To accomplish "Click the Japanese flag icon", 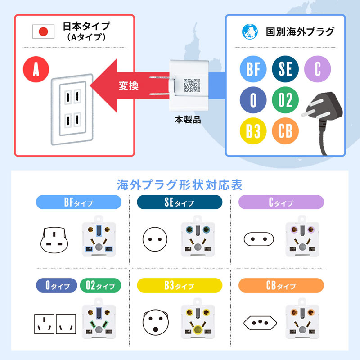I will tap(44, 31).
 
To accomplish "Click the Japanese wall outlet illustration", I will tap(72, 111).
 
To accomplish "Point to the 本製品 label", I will tap(188, 120).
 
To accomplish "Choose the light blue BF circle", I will tap(253, 69).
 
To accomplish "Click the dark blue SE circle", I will tap(285, 69).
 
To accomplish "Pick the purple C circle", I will tap(318, 69).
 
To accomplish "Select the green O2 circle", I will tap(285, 99).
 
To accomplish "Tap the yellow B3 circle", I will tap(253, 130).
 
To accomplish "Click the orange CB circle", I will tap(285, 130).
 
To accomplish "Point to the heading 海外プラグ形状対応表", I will tap(180, 184).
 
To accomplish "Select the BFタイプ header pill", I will tap(79, 202).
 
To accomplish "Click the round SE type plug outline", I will tap(155, 238).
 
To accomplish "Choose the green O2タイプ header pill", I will tap(100, 286).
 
